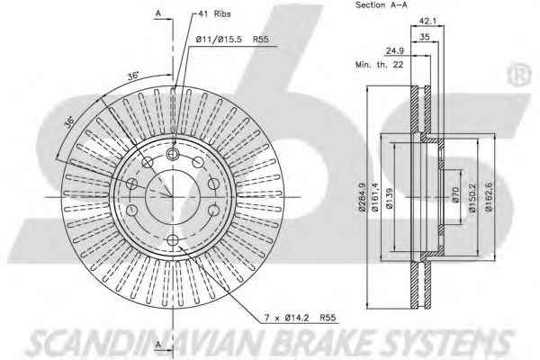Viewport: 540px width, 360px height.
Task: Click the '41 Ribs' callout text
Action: coord(214,13)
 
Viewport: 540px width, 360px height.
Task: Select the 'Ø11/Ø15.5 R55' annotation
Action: coord(232,40)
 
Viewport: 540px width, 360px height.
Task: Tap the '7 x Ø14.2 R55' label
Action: coord(300,318)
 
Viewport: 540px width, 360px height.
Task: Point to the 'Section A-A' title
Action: coord(382,4)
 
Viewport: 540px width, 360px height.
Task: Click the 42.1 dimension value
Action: coord(427,21)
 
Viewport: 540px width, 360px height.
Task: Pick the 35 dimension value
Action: coord(425,37)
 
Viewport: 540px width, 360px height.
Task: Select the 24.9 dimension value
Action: coord(395,51)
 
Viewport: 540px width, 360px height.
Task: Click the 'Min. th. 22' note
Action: coord(379,65)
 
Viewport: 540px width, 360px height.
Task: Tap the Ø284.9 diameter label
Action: coord(362,197)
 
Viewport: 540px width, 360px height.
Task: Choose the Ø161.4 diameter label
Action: coord(374,197)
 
